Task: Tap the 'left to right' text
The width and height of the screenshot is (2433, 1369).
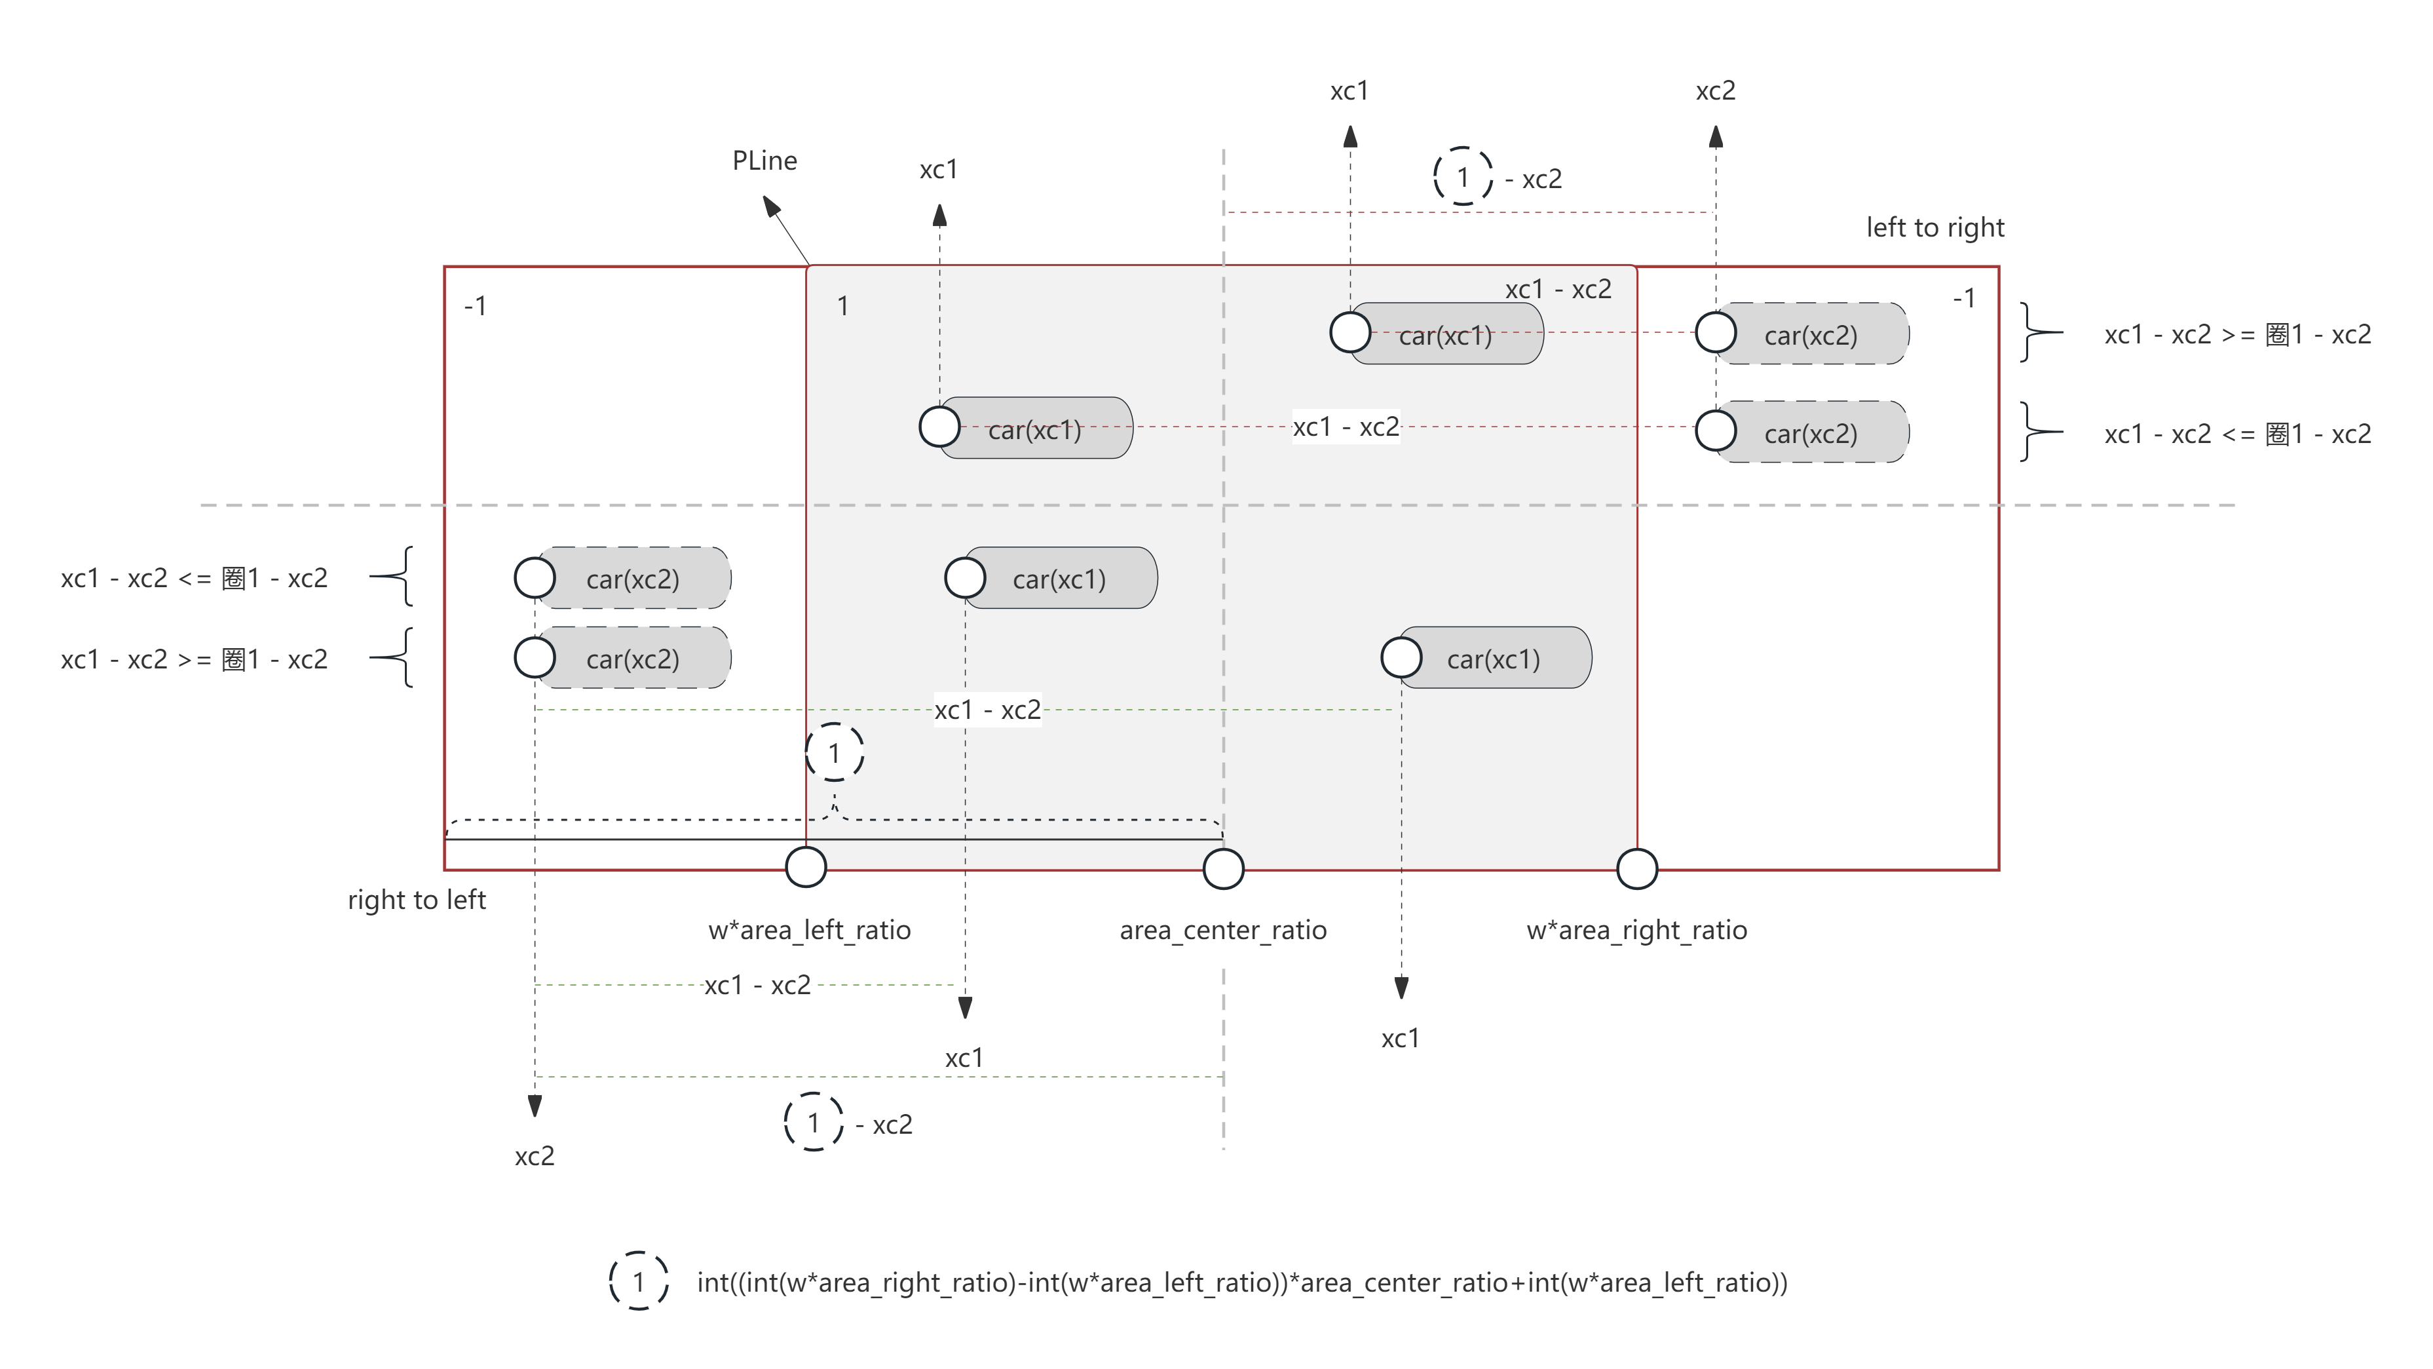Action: tap(1934, 227)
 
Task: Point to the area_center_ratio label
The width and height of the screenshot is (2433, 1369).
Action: tap(1223, 931)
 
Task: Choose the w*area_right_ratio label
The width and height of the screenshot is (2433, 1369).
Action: tap(1637, 931)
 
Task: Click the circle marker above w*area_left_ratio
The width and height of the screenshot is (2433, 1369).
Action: tap(806, 867)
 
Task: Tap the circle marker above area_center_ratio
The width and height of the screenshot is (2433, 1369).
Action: tap(1223, 869)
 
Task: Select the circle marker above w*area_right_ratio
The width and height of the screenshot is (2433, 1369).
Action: tap(1637, 869)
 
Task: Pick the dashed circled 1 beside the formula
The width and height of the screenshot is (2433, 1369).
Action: tap(639, 1281)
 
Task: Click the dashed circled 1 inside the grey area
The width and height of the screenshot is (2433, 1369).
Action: tap(834, 753)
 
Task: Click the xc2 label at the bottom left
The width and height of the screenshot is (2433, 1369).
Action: tap(535, 1157)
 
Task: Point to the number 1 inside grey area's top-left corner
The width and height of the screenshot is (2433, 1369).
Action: tap(842, 306)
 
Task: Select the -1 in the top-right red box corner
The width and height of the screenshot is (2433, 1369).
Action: tap(1963, 299)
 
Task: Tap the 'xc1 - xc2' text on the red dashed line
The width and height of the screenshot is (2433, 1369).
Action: tap(1345, 427)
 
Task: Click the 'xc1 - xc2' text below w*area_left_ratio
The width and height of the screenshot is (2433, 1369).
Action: tap(757, 986)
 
